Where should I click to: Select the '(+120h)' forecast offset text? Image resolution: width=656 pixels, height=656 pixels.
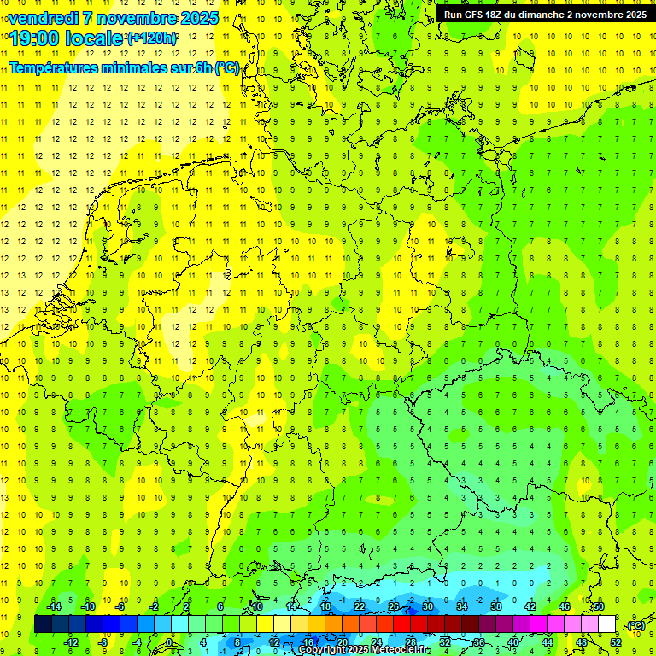pos(152,38)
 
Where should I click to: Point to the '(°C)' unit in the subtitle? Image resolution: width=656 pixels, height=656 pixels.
pos(227,67)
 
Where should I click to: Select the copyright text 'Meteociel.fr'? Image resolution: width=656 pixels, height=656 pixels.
pos(401,650)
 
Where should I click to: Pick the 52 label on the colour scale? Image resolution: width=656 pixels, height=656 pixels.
pos(616,642)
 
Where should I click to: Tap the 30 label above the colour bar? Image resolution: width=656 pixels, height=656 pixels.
pos(428,606)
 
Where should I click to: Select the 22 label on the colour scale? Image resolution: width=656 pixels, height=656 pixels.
pos(360,606)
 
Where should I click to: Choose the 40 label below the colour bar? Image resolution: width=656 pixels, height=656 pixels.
pos(513,642)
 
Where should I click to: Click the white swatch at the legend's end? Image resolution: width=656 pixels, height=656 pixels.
pos(607,624)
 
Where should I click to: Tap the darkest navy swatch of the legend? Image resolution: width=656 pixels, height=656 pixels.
pos(43,624)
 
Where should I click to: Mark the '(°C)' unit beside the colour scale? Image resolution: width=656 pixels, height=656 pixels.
pos(636,625)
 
